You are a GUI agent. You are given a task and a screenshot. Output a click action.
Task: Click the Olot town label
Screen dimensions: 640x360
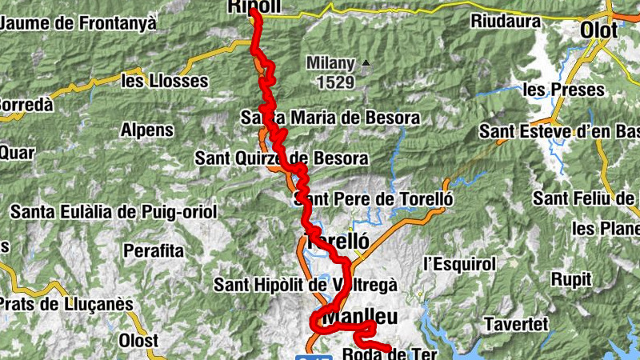pyautogui.click(x=599, y=30)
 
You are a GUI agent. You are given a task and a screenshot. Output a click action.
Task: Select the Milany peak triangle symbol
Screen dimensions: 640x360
pyautogui.click(x=366, y=62)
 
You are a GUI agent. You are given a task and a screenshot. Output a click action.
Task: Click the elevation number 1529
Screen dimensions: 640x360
pyautogui.click(x=335, y=81)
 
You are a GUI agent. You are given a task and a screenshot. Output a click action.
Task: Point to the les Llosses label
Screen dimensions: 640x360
pyautogui.click(x=164, y=81)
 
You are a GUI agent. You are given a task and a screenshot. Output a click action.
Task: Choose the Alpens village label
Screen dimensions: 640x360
pyautogui.click(x=146, y=130)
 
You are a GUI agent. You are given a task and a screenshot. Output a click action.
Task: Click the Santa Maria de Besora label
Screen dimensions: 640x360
pyautogui.click(x=330, y=118)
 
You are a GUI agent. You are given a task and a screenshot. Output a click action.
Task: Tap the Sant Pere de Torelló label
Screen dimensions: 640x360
pyautogui.click(x=374, y=198)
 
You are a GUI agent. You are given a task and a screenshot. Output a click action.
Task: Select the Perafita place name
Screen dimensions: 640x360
pyautogui.click(x=153, y=250)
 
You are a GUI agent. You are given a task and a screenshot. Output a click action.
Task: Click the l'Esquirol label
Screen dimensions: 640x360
pyautogui.click(x=460, y=263)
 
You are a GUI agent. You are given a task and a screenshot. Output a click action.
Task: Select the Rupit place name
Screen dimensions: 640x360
pyautogui.click(x=571, y=279)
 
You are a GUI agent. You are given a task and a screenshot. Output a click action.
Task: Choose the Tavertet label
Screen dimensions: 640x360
pyautogui.click(x=516, y=324)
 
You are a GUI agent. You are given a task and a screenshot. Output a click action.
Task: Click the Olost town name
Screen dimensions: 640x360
pyautogui.click(x=138, y=340)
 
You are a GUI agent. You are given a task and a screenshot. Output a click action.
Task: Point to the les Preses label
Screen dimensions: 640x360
pyautogui.click(x=563, y=90)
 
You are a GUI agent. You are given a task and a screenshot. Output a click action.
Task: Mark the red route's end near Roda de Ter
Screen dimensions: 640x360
pyautogui.click(x=390, y=349)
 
